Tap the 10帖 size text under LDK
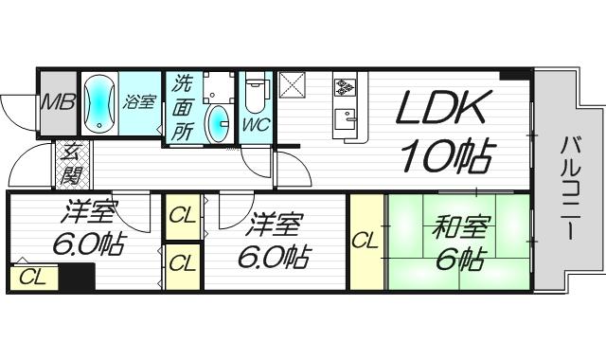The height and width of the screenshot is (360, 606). coord(446,154)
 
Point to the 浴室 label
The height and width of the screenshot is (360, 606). coord(139,101)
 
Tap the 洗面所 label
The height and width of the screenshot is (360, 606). coord(183,108)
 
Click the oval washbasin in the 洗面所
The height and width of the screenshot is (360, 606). coord(219,122)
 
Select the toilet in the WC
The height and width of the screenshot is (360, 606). coord(255,97)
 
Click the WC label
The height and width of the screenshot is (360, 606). coord(255,124)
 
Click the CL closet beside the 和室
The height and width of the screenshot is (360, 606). coord(365,242)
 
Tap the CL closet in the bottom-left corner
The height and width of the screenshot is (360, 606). coord(32,277)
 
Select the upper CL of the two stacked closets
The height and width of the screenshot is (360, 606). coord(182,216)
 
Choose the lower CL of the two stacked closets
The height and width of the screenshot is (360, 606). coord(182,261)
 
